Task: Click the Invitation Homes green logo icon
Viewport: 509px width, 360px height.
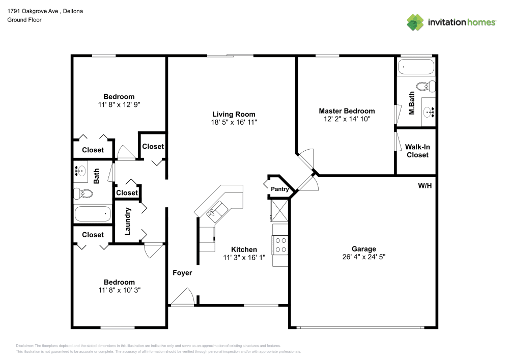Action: pyautogui.click(x=415, y=22)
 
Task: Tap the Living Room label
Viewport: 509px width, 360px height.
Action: pyautogui.click(x=234, y=114)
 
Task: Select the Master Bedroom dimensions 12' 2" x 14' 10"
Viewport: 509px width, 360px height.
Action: pyautogui.click(x=347, y=119)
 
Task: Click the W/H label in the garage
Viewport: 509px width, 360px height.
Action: pyautogui.click(x=425, y=186)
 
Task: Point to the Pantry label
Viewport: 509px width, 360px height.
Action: pyautogui.click(x=280, y=189)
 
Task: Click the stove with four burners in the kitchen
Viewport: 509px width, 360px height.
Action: pyautogui.click(x=280, y=245)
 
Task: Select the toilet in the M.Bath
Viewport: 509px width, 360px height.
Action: pyautogui.click(x=426, y=87)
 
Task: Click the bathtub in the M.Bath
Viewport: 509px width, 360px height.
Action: pyautogui.click(x=416, y=67)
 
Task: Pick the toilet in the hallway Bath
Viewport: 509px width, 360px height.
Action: pyautogui.click(x=83, y=194)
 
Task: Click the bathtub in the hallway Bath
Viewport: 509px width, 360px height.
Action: pyautogui.click(x=93, y=213)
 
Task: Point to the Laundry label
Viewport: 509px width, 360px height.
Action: pyautogui.click(x=127, y=221)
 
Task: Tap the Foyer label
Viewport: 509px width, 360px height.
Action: pyautogui.click(x=182, y=273)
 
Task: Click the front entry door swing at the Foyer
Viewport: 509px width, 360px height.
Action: pyautogui.click(x=183, y=297)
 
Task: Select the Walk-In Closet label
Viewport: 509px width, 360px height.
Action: pyautogui.click(x=417, y=151)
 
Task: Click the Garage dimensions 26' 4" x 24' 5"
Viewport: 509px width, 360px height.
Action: pyautogui.click(x=364, y=257)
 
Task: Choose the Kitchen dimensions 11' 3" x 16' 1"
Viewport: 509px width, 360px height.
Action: pyautogui.click(x=244, y=258)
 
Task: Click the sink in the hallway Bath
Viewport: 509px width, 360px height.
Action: pyautogui.click(x=80, y=171)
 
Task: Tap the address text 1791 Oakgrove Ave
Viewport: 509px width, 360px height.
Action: pyautogui.click(x=33, y=11)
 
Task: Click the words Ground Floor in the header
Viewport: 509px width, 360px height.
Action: pyautogui.click(x=24, y=20)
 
